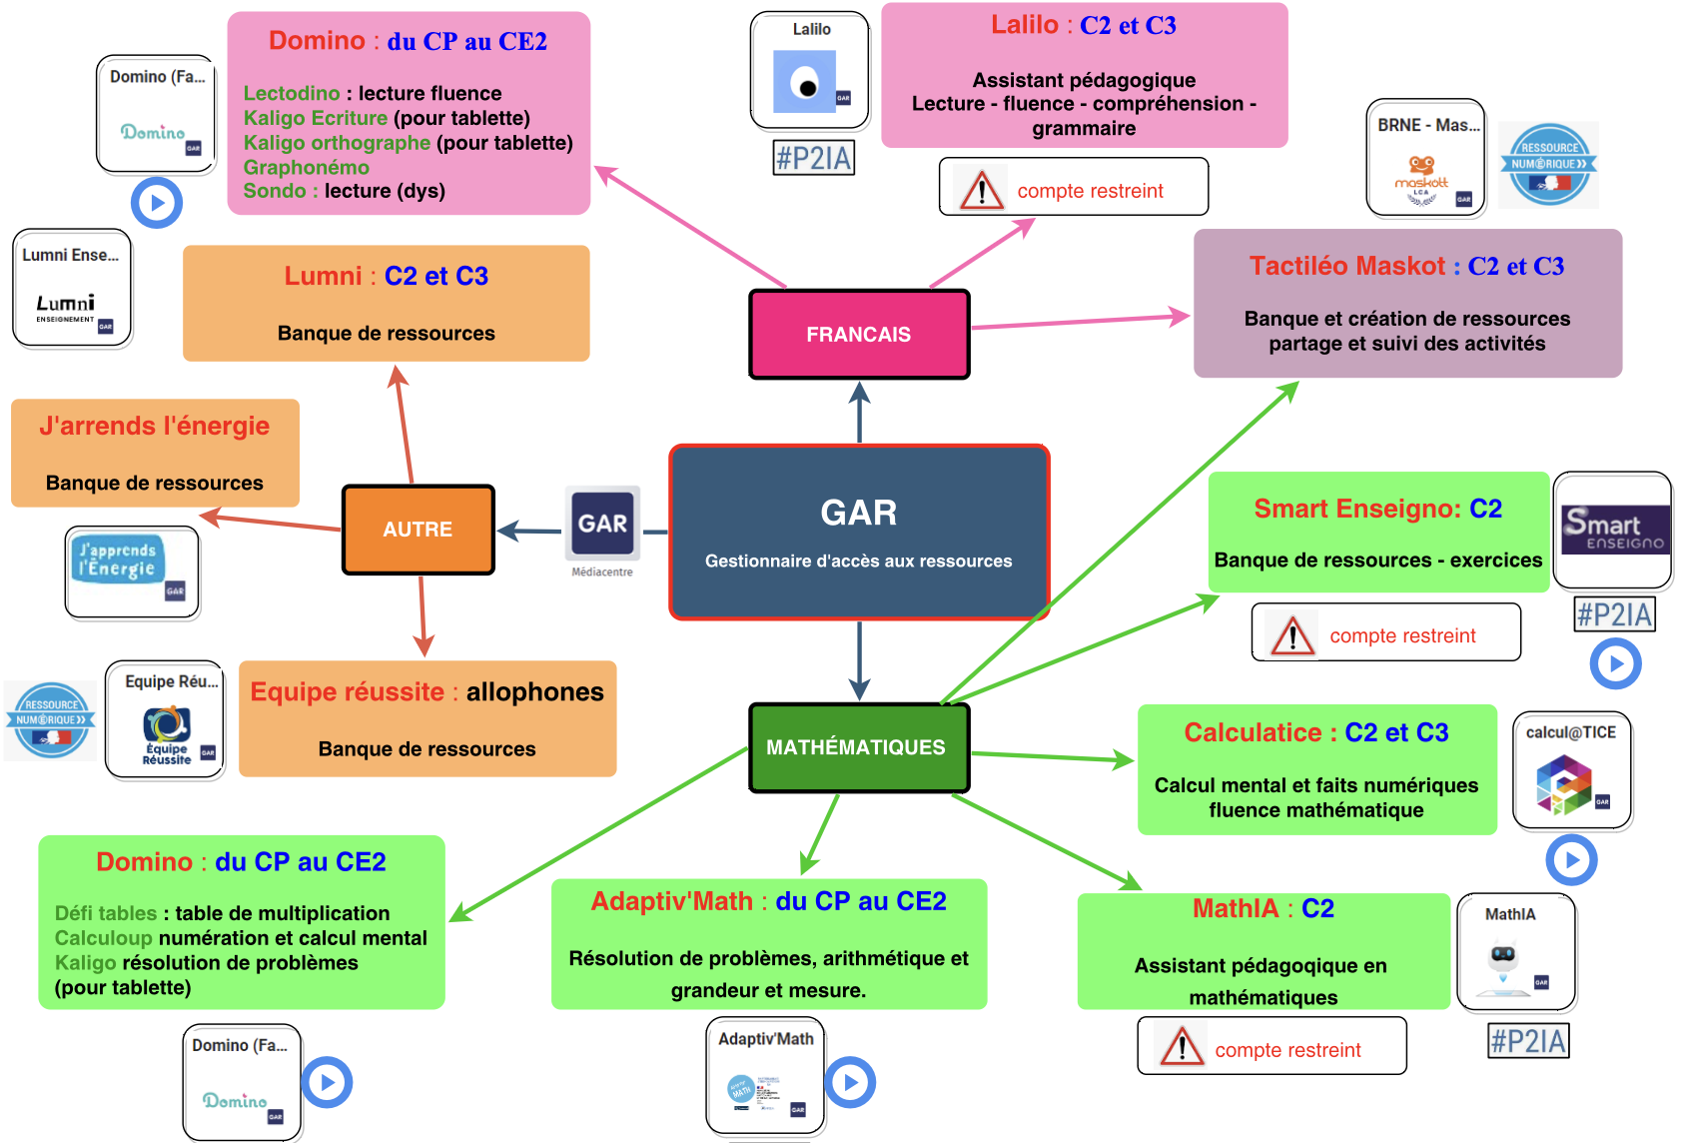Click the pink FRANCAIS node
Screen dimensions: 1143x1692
(859, 335)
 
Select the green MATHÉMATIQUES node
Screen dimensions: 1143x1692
(857, 747)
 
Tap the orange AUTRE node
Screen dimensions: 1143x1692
(418, 530)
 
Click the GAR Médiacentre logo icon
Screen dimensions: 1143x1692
(602, 524)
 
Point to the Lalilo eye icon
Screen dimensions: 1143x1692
(805, 82)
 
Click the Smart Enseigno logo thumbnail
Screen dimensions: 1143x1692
(1613, 531)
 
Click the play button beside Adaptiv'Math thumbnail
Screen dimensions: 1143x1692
(851, 1082)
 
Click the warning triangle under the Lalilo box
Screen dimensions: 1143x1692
(981, 190)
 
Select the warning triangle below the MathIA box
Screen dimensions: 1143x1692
(1182, 1047)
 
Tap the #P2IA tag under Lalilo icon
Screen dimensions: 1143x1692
(814, 158)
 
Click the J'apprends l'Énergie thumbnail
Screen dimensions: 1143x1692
(132, 572)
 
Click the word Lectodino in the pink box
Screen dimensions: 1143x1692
(292, 93)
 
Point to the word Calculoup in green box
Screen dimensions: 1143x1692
(104, 938)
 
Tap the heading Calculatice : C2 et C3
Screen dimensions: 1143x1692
(1316, 732)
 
